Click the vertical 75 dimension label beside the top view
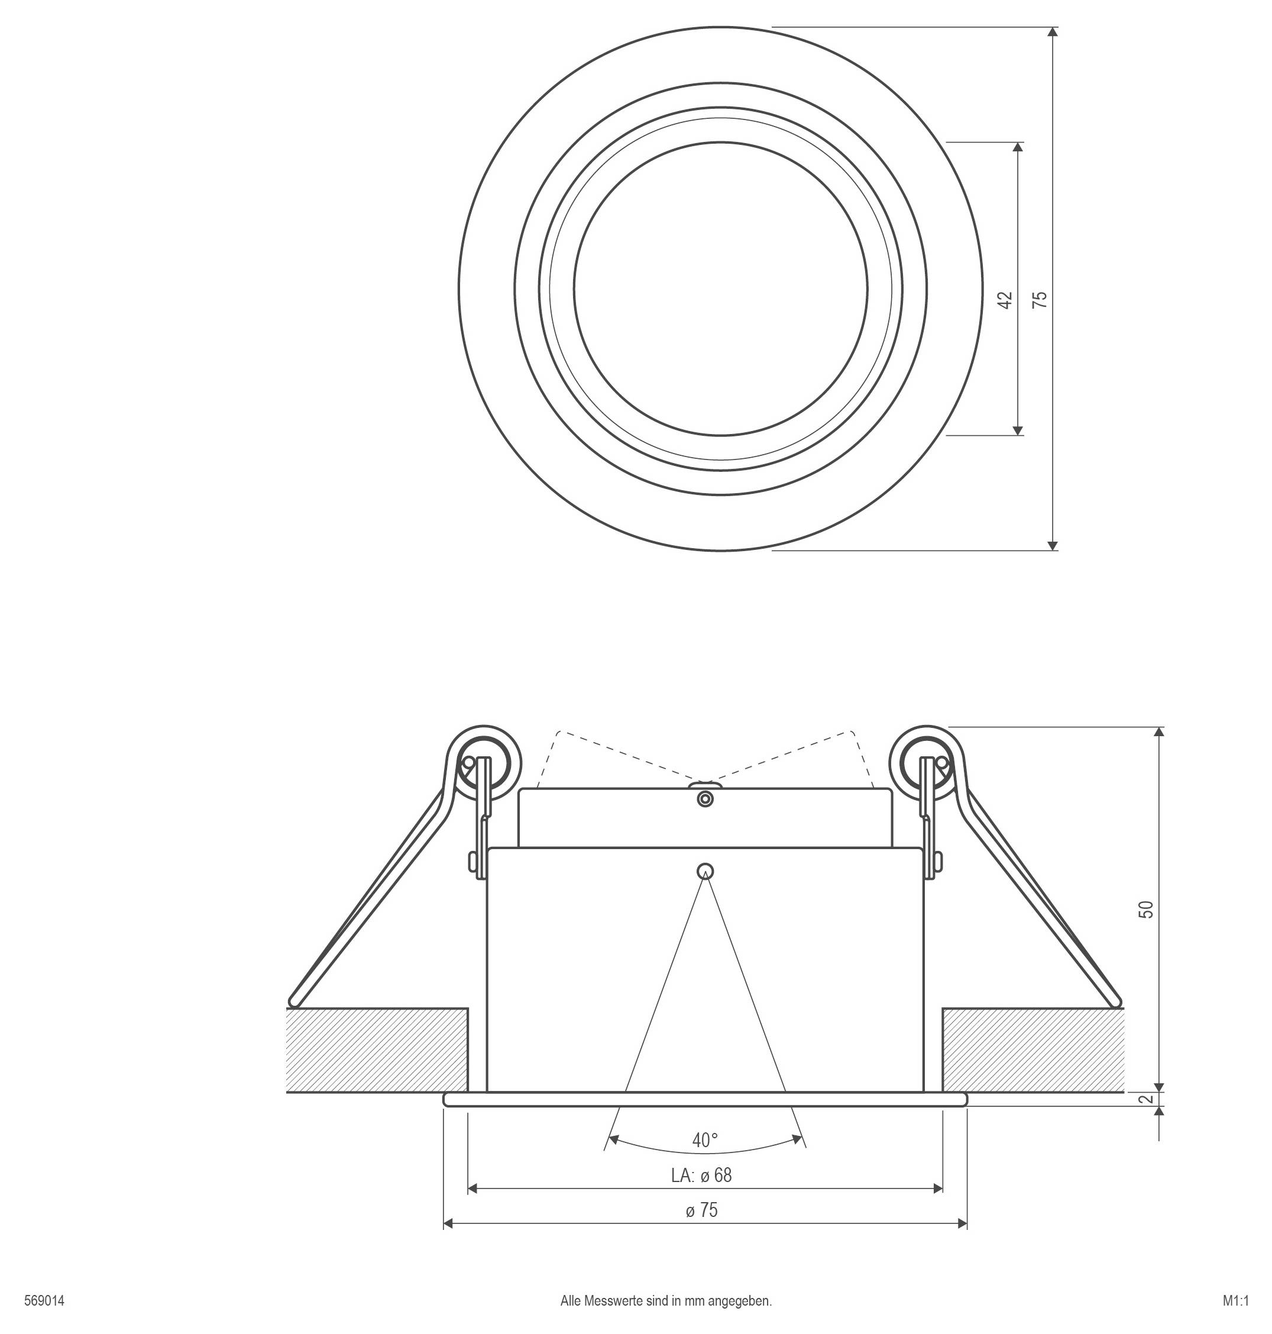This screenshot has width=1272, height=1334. coord(1040,300)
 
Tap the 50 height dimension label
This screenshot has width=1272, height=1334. coord(1146,909)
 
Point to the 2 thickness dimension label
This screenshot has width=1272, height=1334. coord(1146,1099)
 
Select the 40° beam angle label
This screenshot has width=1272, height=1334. coord(705,1140)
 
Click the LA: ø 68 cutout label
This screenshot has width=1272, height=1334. coord(702,1176)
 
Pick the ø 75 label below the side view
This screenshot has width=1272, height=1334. coord(702,1210)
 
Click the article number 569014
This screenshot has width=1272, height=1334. coord(44,1301)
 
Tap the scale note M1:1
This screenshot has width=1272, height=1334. coord(1236,1301)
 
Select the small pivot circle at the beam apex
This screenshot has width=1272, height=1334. coord(705,870)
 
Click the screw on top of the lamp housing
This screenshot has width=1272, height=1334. coord(705,799)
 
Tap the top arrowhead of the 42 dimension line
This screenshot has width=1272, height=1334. coord(1018,147)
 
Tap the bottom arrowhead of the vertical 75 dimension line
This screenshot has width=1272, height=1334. coord(1053,546)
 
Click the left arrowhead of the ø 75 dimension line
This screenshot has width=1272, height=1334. coord(448,1223)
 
